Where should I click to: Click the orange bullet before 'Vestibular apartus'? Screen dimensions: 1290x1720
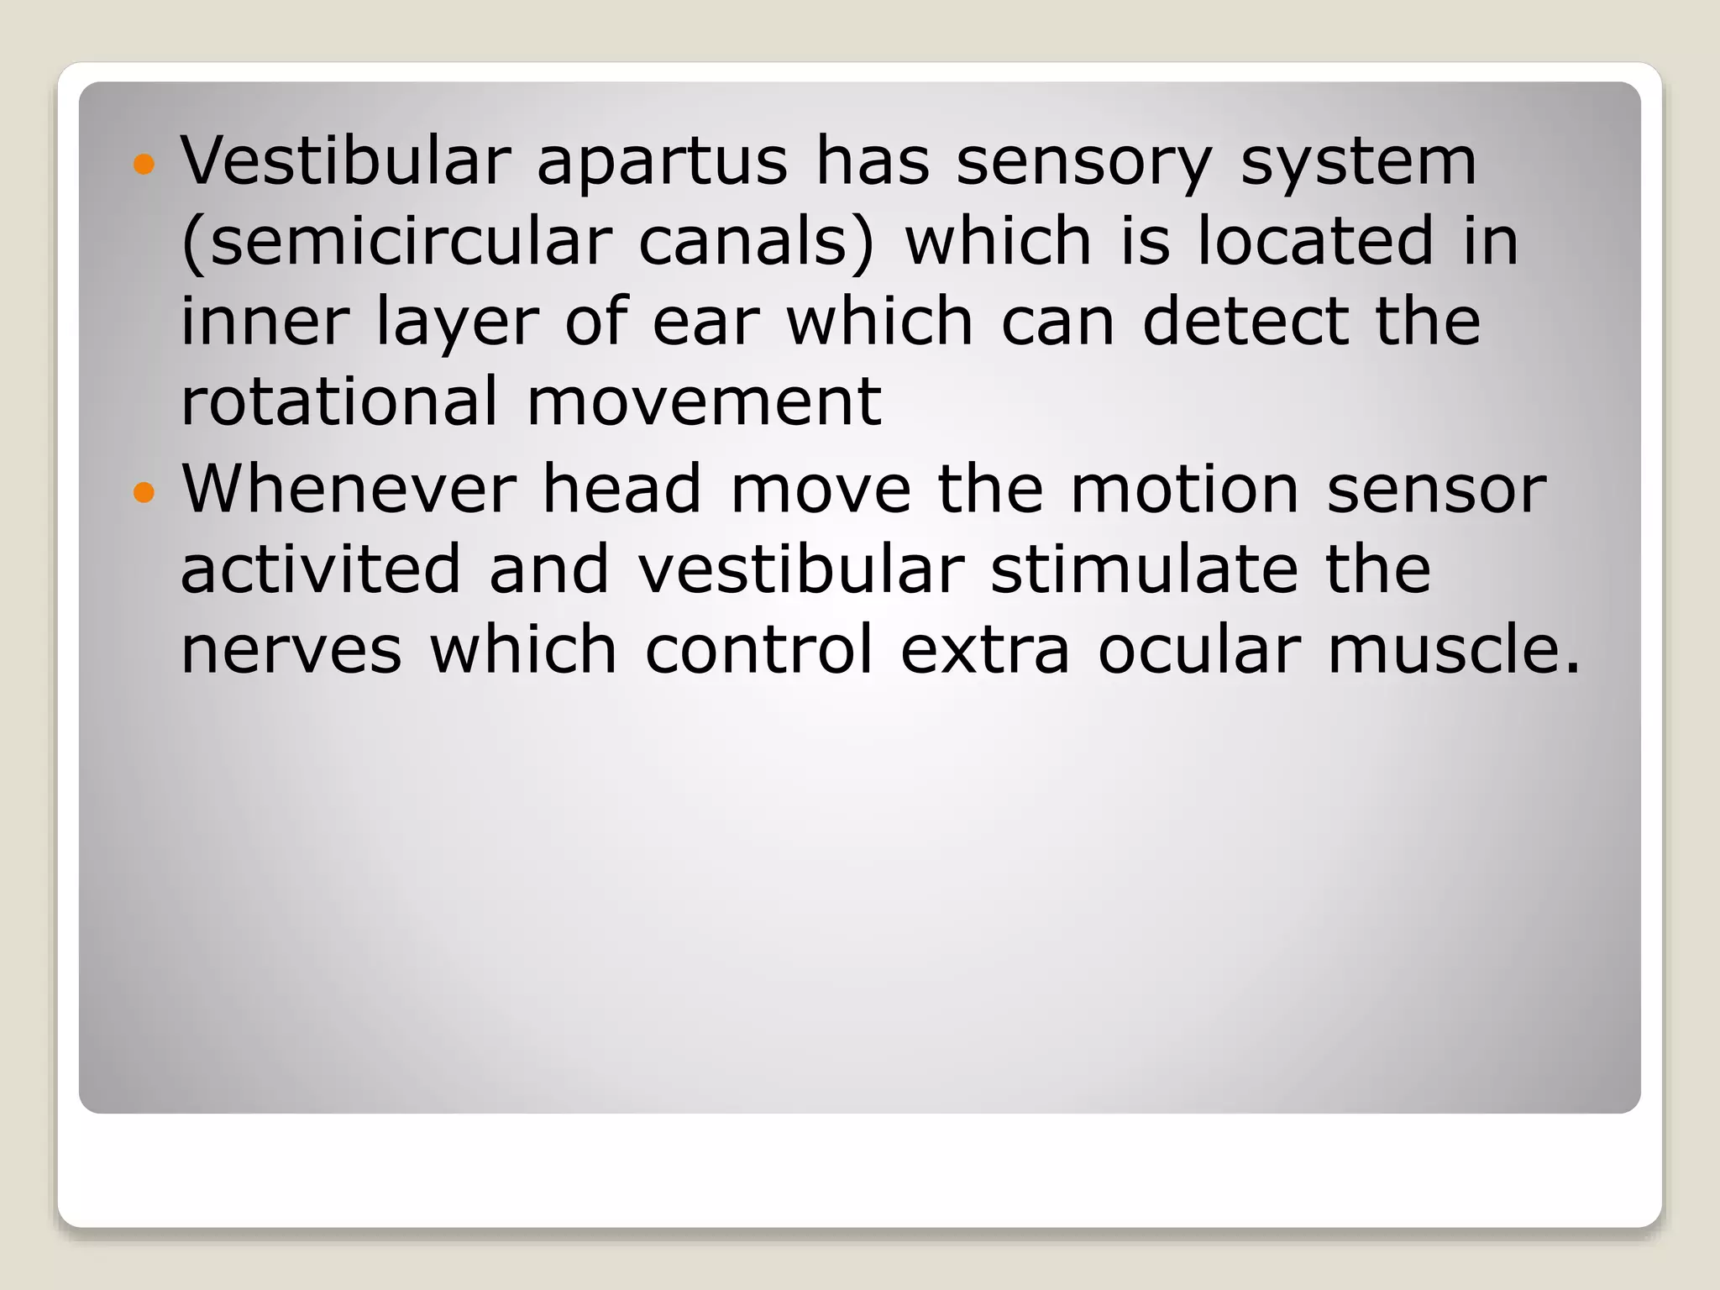(x=144, y=164)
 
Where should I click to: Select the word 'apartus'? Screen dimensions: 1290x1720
(x=663, y=161)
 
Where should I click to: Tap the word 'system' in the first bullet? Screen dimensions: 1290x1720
(x=1358, y=161)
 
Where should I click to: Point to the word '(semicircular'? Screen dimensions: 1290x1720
(x=396, y=242)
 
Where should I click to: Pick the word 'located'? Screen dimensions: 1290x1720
(x=1315, y=242)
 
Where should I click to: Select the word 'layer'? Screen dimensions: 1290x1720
(x=457, y=322)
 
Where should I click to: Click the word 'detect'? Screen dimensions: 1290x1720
(x=1245, y=322)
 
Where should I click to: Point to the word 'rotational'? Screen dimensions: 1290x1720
(x=339, y=401)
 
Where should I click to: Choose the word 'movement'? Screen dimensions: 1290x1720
(x=704, y=401)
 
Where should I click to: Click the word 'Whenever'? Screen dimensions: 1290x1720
(x=349, y=489)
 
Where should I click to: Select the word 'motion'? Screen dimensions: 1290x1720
(x=1184, y=489)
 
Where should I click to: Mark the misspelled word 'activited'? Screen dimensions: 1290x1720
(x=321, y=569)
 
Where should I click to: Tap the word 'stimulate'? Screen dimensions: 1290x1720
(x=1144, y=569)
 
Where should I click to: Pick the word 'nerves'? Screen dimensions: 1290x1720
(x=291, y=650)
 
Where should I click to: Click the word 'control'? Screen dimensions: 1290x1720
(x=759, y=650)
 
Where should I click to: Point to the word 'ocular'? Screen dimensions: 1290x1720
(x=1199, y=650)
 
